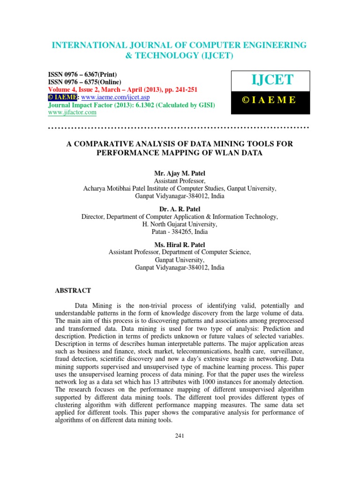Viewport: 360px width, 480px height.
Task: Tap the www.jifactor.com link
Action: (x=73, y=112)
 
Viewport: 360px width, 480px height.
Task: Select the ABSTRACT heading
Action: (x=73, y=291)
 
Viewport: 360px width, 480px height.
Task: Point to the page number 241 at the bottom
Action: (x=180, y=436)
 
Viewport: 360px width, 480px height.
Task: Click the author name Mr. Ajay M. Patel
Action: (x=180, y=173)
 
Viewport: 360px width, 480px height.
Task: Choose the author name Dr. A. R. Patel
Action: (x=180, y=210)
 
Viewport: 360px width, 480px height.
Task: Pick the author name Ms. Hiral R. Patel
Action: (x=180, y=245)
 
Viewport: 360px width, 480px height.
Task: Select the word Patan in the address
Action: (x=160, y=232)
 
